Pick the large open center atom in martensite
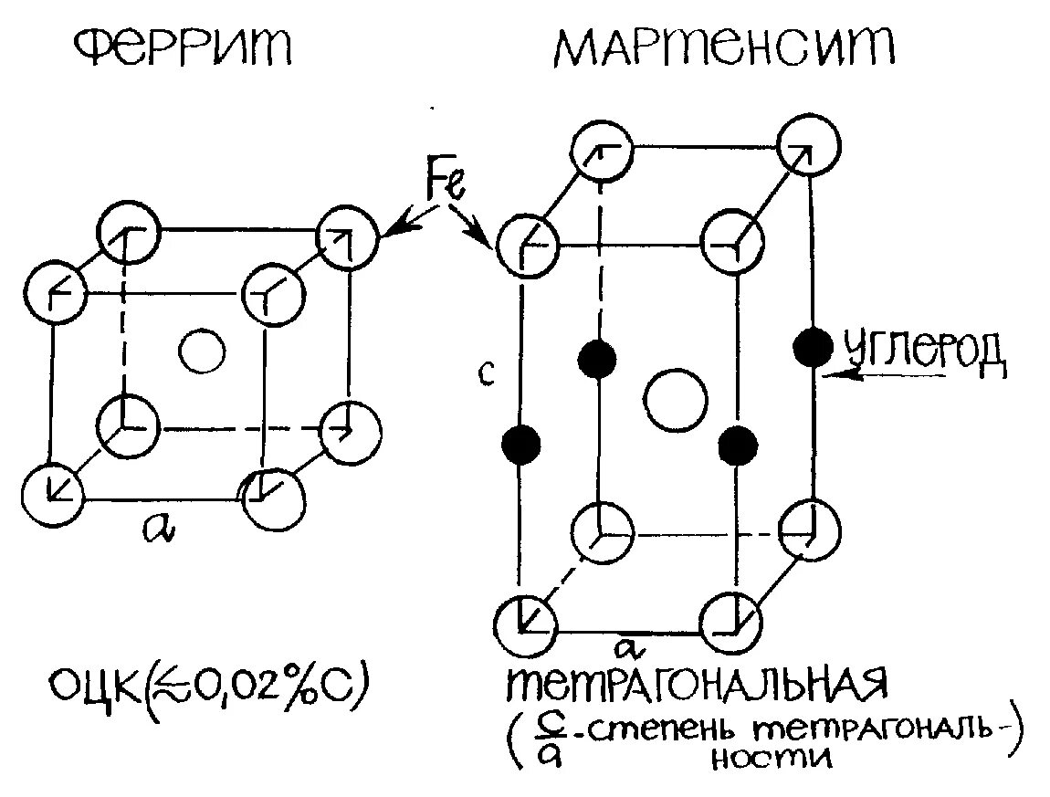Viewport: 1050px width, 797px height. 675,398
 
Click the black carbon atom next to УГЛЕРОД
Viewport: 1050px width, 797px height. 813,346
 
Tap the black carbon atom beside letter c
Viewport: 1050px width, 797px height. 521,444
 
